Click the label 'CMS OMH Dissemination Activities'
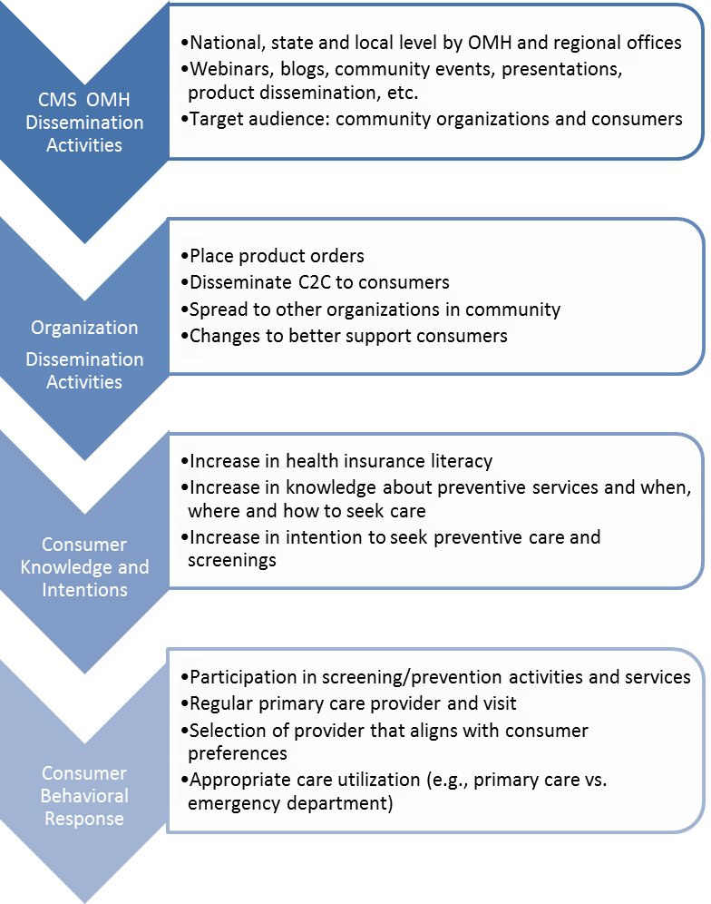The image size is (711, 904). [83, 122]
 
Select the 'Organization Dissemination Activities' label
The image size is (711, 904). [84, 355]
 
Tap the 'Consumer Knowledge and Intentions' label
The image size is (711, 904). [84, 567]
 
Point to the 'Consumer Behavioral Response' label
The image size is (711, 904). [84, 796]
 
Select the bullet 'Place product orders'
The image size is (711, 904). [277, 257]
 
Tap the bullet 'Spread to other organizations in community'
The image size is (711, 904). [375, 310]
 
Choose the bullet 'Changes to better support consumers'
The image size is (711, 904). [348, 336]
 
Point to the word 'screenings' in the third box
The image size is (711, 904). [232, 561]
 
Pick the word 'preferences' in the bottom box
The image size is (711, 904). [238, 753]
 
